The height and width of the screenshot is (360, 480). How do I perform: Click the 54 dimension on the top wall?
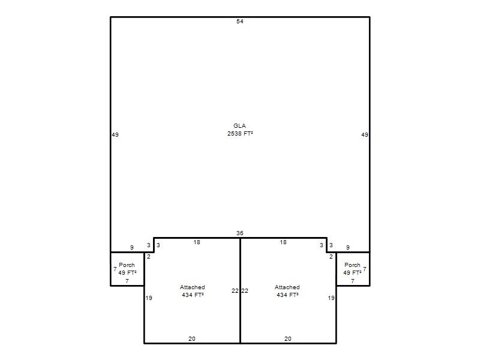click(x=239, y=22)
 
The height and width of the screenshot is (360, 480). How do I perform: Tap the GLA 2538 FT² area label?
click(x=239, y=130)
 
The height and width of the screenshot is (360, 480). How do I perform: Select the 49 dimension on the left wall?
click(x=115, y=134)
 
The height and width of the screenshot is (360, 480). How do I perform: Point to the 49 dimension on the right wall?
click(x=365, y=134)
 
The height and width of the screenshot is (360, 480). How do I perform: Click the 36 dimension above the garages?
click(x=239, y=233)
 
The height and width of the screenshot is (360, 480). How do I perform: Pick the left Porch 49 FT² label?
click(x=127, y=269)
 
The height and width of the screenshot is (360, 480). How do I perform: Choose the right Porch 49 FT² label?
click(x=352, y=269)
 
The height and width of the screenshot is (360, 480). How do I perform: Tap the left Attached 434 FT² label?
click(x=193, y=291)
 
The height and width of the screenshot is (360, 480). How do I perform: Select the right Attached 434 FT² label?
click(x=287, y=291)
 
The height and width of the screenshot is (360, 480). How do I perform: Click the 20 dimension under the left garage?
click(x=192, y=339)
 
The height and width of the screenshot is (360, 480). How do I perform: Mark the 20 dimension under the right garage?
click(x=288, y=339)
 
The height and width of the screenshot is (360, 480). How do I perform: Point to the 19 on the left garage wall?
click(x=149, y=298)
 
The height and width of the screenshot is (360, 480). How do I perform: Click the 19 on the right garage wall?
click(x=331, y=298)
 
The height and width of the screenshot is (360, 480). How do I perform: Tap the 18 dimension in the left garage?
click(x=197, y=242)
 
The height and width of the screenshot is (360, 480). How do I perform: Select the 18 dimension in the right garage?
click(x=283, y=242)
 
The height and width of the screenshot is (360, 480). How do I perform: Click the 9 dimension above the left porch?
click(x=132, y=248)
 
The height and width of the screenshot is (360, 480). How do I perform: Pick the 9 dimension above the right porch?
click(x=348, y=248)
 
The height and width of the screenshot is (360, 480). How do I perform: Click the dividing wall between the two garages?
click(x=241, y=291)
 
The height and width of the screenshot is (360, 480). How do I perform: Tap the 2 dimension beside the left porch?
click(x=149, y=257)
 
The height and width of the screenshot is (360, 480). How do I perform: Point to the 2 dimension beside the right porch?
click(x=331, y=257)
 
